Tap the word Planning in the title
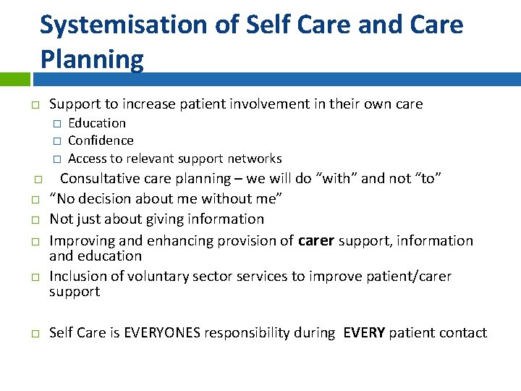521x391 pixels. (92, 59)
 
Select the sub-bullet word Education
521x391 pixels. (96, 123)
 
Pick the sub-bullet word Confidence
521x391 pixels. (101, 140)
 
